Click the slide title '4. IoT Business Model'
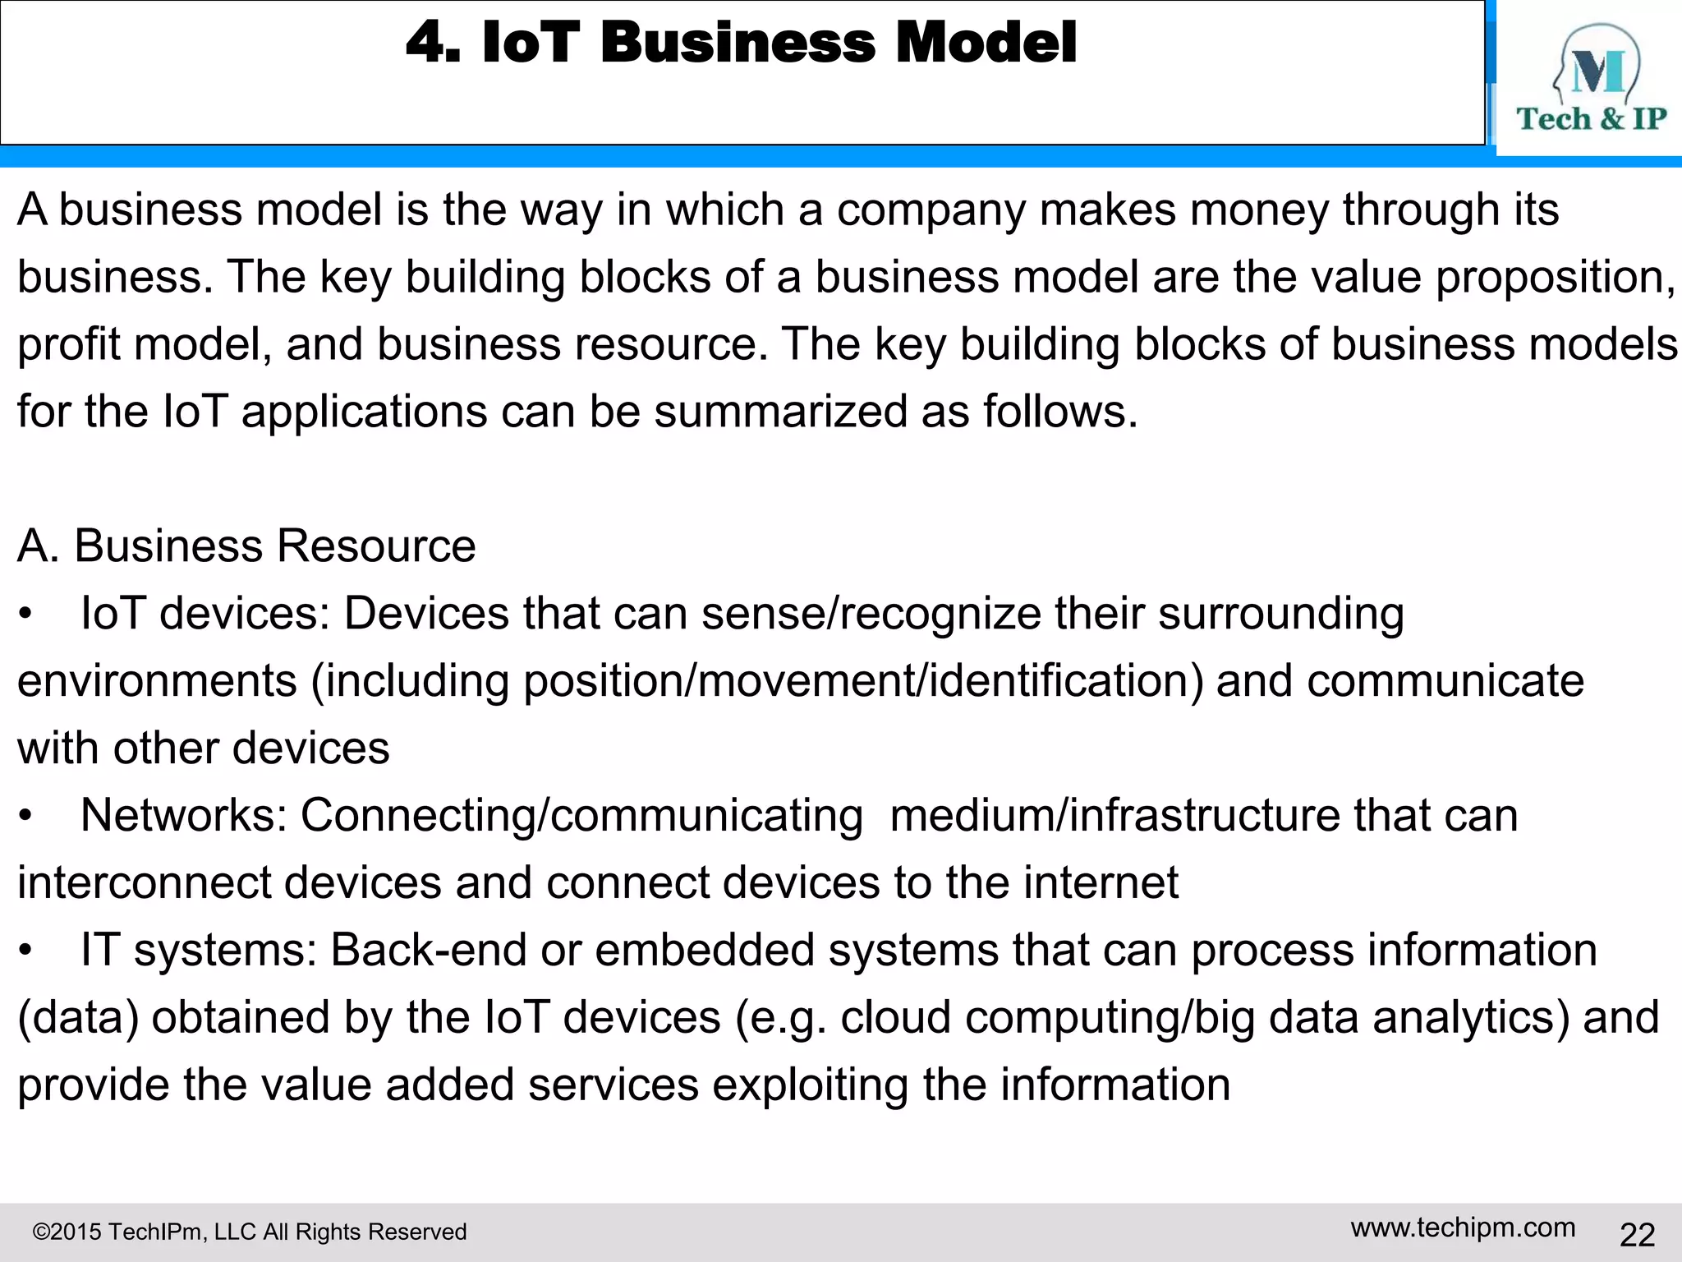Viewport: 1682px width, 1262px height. click(x=741, y=43)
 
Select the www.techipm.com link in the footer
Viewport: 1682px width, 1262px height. click(x=1463, y=1227)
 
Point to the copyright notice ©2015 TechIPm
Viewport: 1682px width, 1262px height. click(x=249, y=1232)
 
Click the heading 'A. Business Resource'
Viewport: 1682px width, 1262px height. click(x=246, y=546)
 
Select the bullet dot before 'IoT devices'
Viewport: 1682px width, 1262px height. click(x=26, y=615)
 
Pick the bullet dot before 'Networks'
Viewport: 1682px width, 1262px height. click(x=26, y=817)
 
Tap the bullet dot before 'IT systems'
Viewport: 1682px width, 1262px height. click(x=26, y=951)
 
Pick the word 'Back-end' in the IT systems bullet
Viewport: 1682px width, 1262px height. click(x=428, y=950)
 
